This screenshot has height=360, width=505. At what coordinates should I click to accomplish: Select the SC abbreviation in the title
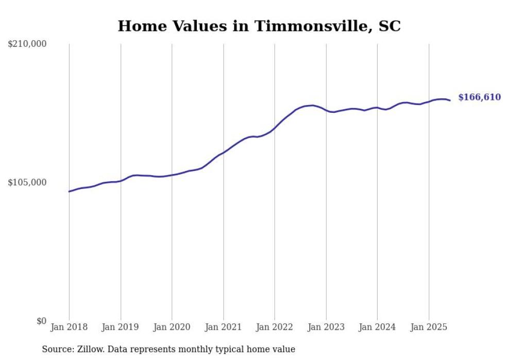tap(390, 26)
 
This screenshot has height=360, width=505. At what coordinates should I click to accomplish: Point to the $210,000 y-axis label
tap(27, 44)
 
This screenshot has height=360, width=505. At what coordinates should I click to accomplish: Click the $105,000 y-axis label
tap(27, 182)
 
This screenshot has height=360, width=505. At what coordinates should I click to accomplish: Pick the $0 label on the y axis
tap(41, 321)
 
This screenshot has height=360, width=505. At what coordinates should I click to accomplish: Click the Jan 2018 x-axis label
tap(69, 327)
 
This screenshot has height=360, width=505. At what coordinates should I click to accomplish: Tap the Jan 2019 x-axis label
tap(121, 327)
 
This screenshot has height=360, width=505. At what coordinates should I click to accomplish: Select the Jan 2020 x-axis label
tap(172, 327)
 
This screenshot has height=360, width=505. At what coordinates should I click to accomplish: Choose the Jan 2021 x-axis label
tap(223, 327)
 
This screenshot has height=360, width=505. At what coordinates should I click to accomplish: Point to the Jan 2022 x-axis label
tap(275, 327)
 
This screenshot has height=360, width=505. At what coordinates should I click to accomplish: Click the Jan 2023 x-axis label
tap(326, 327)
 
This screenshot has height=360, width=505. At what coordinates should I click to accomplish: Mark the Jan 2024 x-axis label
tap(377, 327)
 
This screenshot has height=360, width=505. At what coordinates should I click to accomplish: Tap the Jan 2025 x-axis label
tap(429, 327)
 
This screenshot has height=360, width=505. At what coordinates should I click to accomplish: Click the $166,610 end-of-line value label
tap(479, 97)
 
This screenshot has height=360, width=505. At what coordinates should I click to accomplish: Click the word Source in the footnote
tap(57, 349)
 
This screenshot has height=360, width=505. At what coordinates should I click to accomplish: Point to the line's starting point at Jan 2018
tap(69, 192)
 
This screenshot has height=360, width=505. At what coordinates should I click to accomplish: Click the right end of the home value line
tap(450, 100)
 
